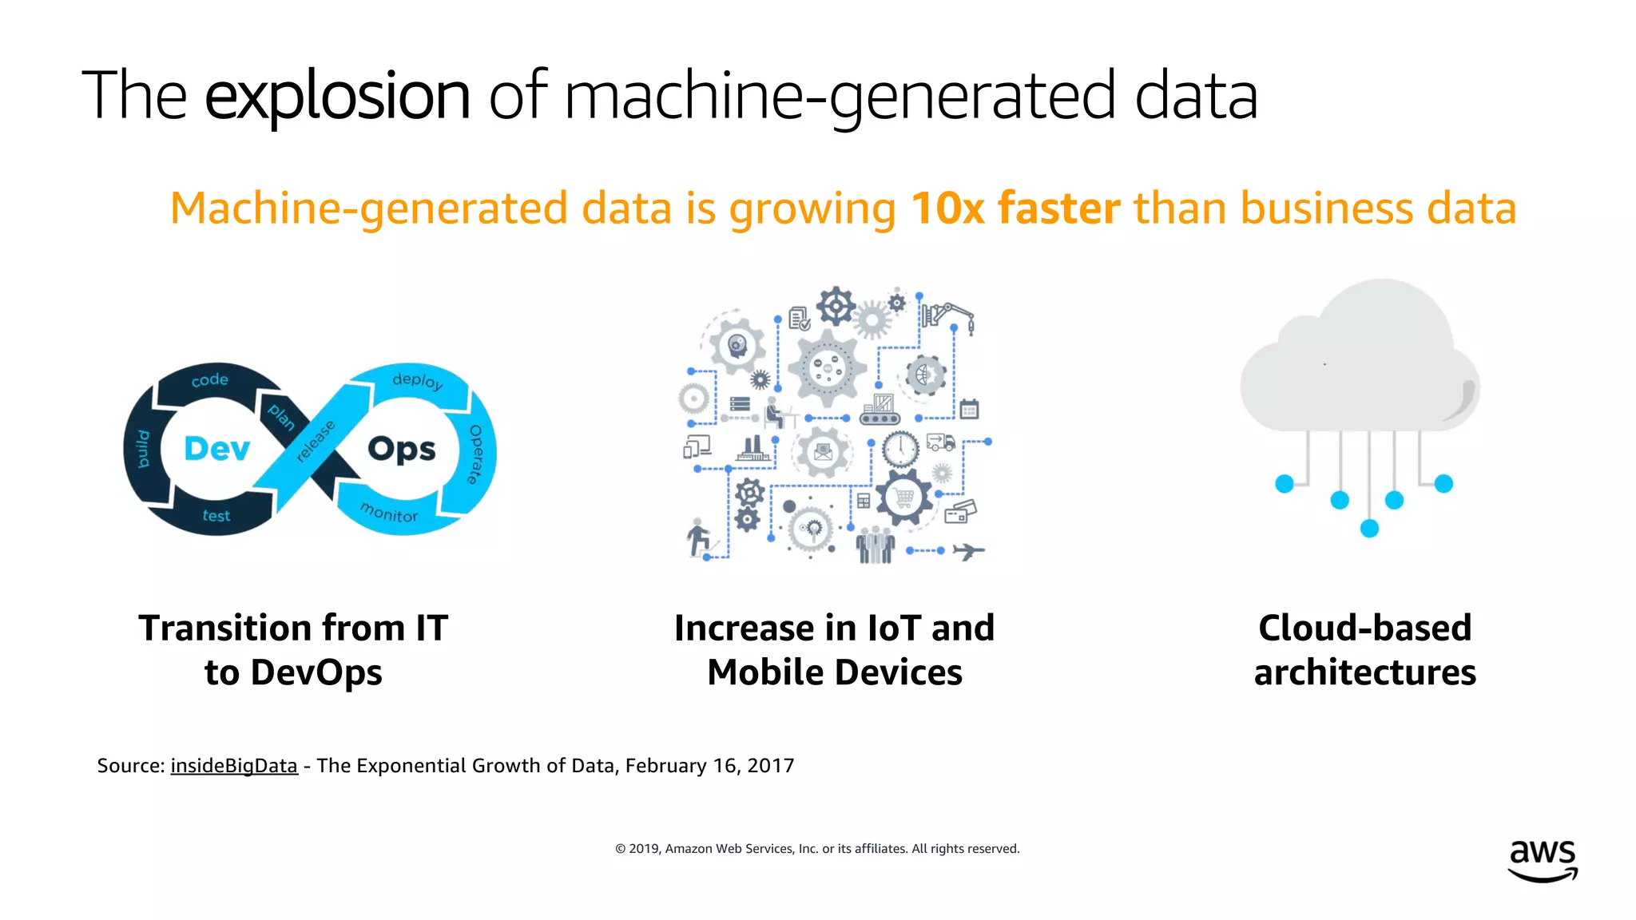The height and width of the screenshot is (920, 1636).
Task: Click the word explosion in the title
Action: [x=337, y=96]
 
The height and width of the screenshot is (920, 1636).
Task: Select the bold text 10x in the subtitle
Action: [x=947, y=208]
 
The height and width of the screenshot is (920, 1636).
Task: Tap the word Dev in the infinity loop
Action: [x=216, y=449]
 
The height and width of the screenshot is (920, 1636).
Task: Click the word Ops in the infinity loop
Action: [x=401, y=450]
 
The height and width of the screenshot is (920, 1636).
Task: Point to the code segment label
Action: [x=210, y=380]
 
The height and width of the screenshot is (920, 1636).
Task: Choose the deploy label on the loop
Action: [x=417, y=380]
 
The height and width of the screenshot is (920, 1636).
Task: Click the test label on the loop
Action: [x=216, y=516]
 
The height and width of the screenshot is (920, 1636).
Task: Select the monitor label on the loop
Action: [x=389, y=512]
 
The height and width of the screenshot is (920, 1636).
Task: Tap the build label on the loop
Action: [x=143, y=449]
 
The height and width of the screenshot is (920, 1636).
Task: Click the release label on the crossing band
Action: [x=315, y=442]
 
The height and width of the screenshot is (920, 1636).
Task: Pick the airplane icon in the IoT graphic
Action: [x=968, y=551]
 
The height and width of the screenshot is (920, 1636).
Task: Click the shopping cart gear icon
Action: [x=903, y=498]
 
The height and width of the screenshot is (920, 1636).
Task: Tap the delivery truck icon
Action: [x=940, y=442]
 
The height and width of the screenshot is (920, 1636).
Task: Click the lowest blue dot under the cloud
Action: [x=1369, y=528]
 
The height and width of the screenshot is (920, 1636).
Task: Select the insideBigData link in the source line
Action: [x=233, y=766]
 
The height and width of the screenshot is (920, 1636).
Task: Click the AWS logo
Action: [x=1543, y=860]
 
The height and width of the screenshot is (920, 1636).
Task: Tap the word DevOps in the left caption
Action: [x=316, y=672]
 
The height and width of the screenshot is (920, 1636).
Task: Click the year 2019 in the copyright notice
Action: [x=645, y=849]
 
